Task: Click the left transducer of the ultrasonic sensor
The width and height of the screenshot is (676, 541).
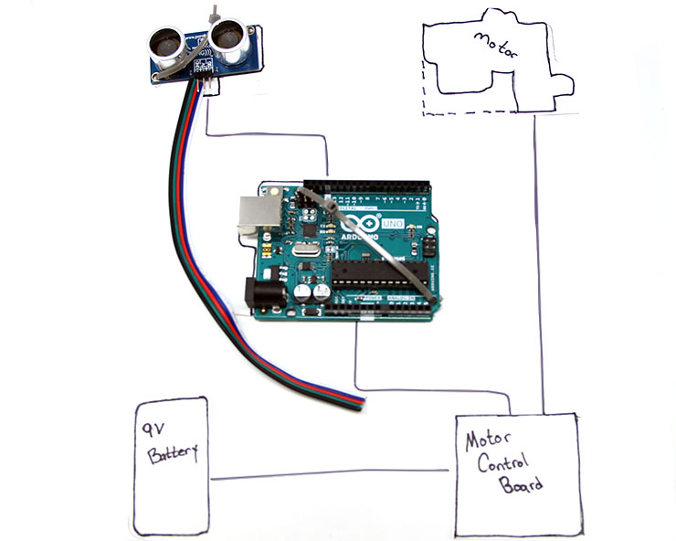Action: (x=165, y=42)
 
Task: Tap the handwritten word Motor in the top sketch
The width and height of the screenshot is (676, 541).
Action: (x=494, y=47)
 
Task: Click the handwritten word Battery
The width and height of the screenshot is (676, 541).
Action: (x=171, y=454)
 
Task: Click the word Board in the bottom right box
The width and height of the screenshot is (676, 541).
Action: (x=521, y=484)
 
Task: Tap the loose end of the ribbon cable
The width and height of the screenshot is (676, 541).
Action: (x=359, y=401)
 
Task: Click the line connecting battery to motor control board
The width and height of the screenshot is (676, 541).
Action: (x=329, y=474)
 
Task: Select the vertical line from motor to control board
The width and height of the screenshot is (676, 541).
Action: (x=542, y=274)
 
